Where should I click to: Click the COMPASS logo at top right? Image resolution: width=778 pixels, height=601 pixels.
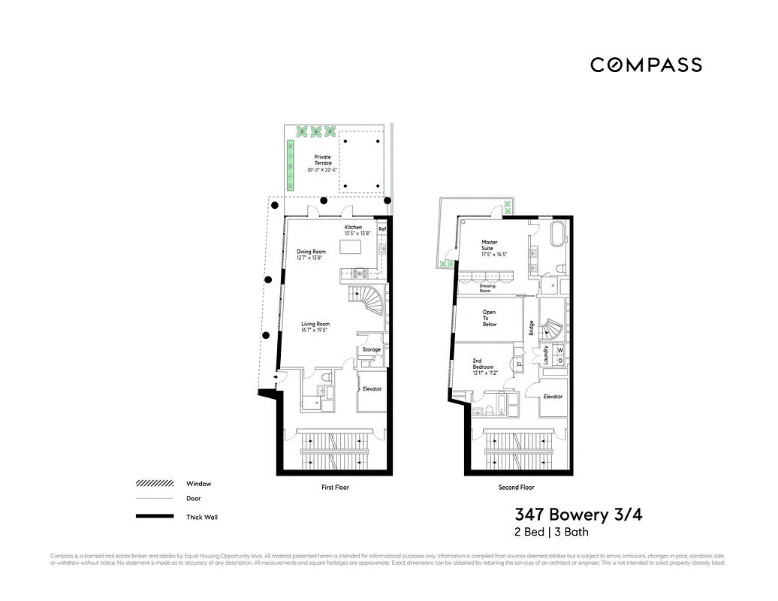[646, 65]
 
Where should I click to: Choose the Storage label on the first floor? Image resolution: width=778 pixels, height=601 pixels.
[372, 349]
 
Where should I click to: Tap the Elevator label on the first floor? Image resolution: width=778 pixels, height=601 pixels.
[372, 388]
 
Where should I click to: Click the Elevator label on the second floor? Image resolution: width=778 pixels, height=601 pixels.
[553, 397]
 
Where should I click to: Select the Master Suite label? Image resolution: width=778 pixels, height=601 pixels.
[490, 246]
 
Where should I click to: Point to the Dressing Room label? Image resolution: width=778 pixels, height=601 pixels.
[487, 287]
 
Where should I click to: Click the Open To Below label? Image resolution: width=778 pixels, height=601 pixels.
[490, 318]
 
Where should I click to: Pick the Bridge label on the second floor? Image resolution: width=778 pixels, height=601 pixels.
[531, 328]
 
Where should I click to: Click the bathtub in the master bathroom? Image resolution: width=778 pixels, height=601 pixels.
[557, 234]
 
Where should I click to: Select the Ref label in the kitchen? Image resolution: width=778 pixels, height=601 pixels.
[381, 229]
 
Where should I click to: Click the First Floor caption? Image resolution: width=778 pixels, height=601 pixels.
[335, 488]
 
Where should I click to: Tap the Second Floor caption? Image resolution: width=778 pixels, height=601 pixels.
[517, 488]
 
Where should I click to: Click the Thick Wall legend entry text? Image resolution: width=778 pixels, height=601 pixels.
[202, 517]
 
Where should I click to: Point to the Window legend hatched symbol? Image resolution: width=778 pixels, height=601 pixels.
[155, 484]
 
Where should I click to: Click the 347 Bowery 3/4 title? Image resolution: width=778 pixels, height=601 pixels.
[578, 515]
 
